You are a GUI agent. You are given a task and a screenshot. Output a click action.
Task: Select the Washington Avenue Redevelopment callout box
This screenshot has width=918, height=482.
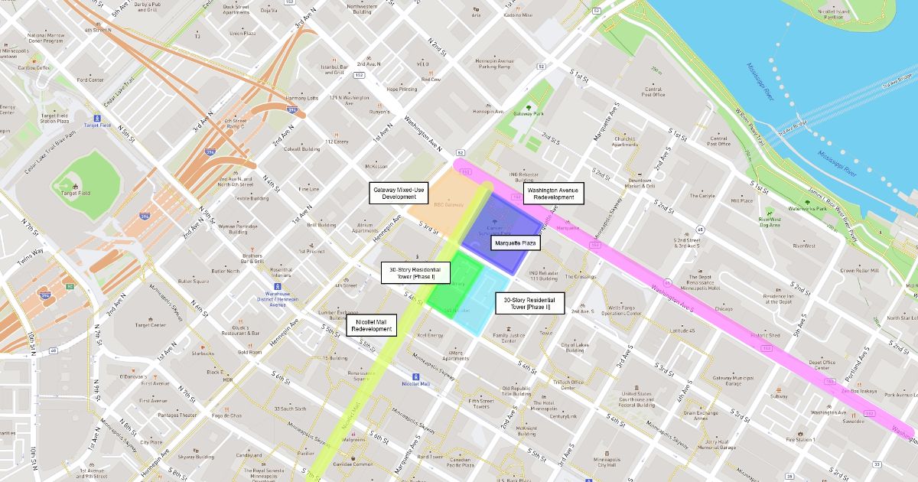554,193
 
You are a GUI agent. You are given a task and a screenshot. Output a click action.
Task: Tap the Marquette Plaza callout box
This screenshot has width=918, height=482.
516,243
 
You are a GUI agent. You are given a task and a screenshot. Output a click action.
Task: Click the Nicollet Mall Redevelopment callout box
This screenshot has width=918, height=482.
373,325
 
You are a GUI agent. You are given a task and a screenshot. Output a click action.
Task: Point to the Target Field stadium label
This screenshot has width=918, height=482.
74,193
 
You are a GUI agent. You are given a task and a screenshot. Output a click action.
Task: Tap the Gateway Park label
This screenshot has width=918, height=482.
528,113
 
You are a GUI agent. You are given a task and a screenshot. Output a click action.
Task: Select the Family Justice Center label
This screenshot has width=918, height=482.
509,337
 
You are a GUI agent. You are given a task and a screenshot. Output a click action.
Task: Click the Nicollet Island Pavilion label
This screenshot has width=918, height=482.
834,15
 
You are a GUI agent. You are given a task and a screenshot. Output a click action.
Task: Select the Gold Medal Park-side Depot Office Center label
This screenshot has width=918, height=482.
822,365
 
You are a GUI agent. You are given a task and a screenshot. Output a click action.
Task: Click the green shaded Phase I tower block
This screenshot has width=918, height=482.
454,281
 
